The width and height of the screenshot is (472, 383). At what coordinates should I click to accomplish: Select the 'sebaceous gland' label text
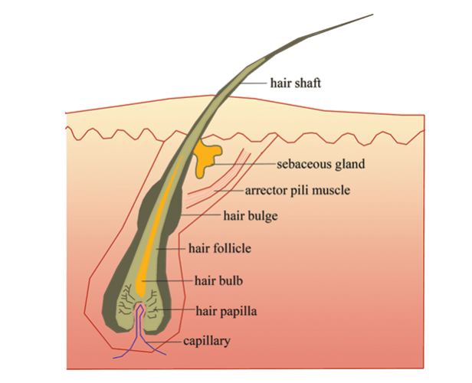click(320, 164)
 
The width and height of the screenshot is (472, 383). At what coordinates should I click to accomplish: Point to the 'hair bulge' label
click(251, 216)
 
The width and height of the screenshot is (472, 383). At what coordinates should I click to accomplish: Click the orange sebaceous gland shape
click(205, 156)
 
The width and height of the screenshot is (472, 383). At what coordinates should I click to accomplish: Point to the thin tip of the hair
click(372, 15)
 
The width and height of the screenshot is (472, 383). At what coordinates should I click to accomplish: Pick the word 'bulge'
click(261, 216)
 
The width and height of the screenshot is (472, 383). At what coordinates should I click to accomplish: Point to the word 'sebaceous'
click(303, 164)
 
